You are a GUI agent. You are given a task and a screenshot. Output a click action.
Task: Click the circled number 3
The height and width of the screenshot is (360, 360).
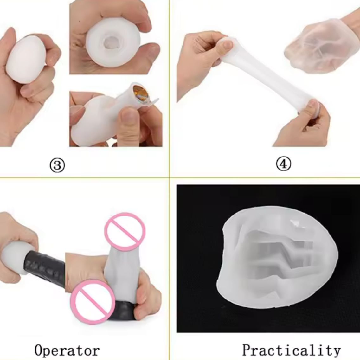pos(57,165)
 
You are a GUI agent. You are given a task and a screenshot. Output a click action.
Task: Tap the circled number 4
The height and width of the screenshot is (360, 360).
pos(284,164)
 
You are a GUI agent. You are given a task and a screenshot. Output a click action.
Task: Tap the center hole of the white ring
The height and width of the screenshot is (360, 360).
pos(108,42)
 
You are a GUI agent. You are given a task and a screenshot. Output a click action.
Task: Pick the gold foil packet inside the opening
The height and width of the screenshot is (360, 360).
pos(140,93)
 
